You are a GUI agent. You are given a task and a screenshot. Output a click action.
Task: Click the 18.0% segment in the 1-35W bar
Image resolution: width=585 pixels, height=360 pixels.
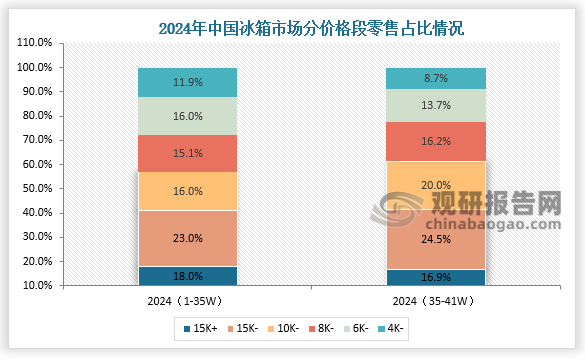(x=187, y=276)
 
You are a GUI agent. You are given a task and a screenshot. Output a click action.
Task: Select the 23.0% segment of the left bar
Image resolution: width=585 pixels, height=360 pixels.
(x=187, y=238)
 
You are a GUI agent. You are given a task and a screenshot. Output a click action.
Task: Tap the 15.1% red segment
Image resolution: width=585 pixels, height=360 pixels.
(x=187, y=153)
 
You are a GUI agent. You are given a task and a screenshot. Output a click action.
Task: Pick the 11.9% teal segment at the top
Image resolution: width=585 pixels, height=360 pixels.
(x=187, y=82)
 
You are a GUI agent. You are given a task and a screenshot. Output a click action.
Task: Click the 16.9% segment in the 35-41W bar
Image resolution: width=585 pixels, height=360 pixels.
(x=436, y=278)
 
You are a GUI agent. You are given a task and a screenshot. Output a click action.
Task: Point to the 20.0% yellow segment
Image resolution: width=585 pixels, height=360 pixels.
(x=436, y=185)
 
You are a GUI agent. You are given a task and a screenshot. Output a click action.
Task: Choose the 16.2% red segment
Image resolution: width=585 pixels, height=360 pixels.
(x=436, y=142)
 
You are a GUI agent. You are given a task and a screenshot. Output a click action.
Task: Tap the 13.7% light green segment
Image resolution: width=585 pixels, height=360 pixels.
(x=436, y=105)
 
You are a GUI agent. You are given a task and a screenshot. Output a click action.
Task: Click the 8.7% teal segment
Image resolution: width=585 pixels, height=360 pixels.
(x=436, y=78)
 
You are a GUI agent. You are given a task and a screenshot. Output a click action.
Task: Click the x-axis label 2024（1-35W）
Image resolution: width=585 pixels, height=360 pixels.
(x=187, y=300)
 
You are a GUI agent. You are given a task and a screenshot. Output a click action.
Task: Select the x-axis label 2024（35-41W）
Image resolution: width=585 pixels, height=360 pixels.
(x=436, y=300)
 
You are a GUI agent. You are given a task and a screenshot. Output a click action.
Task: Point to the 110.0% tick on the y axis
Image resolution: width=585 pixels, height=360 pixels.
(x=35, y=43)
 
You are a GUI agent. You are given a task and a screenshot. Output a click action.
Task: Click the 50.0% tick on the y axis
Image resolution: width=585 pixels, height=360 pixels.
(x=35, y=189)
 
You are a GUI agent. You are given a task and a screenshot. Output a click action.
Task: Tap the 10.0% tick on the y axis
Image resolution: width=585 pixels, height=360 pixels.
(x=35, y=286)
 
